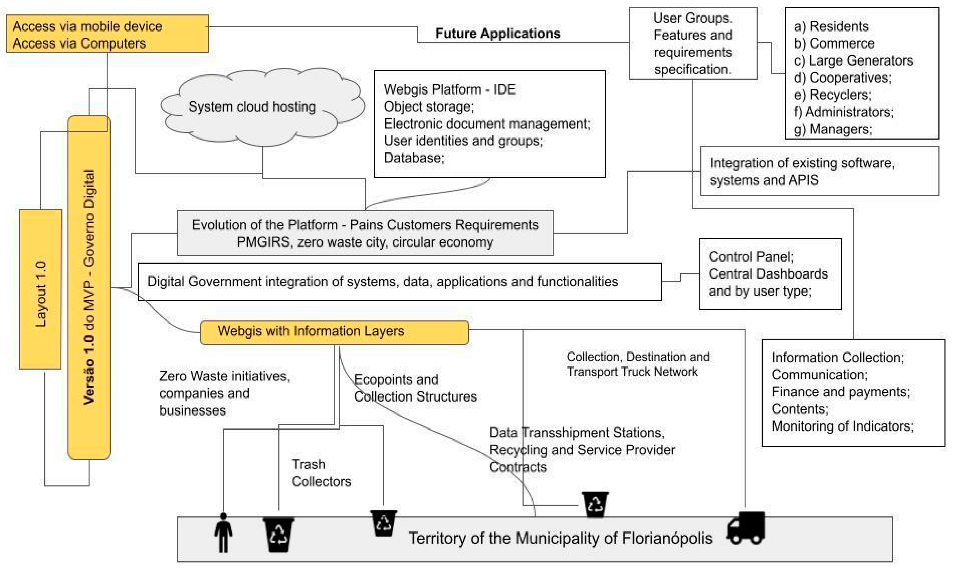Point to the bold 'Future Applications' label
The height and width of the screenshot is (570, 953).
pos(497,33)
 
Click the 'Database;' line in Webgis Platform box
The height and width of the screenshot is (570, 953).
pos(414,158)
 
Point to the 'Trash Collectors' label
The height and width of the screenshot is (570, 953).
pos(321,473)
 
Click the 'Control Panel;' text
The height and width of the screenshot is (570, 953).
pos(751,257)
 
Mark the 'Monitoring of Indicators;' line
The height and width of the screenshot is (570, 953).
pos(842,426)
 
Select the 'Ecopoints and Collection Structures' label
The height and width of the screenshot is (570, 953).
pos(415,388)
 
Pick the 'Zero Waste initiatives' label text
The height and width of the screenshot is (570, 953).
pos(225,376)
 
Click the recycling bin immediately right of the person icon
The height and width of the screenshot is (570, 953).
pos(278,534)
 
